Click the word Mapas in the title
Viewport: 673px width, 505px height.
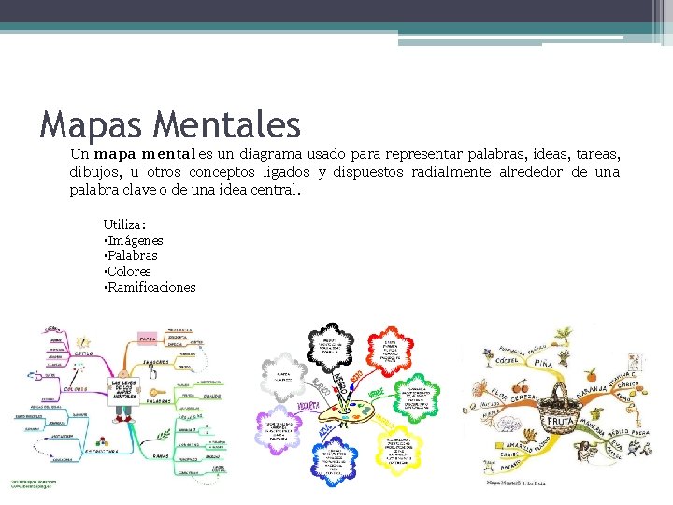click(x=91, y=124)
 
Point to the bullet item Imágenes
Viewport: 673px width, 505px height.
click(x=135, y=240)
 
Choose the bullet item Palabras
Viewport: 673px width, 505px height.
click(x=132, y=255)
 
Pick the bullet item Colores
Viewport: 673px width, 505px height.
click(x=129, y=271)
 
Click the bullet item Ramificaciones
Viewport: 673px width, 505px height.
click(x=151, y=287)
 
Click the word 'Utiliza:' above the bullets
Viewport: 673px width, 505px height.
click(x=124, y=224)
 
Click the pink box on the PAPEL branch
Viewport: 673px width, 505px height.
click(x=147, y=338)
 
